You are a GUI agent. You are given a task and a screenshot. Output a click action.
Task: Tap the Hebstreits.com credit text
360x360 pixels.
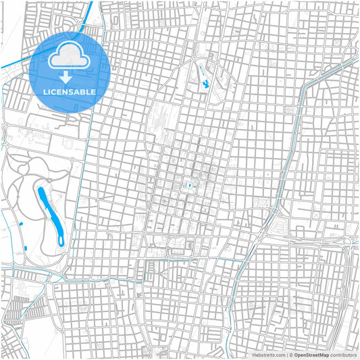click(269, 354)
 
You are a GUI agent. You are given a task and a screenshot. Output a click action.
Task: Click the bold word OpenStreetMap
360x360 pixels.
click(311, 354)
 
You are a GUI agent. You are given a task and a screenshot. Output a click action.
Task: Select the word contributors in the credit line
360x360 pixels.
click(342, 354)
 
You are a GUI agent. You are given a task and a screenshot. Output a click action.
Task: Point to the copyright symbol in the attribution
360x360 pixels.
click(290, 354)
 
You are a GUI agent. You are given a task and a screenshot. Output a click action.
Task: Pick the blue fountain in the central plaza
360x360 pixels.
click(190, 186)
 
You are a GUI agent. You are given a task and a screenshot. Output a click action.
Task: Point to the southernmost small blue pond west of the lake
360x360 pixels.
click(26, 250)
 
